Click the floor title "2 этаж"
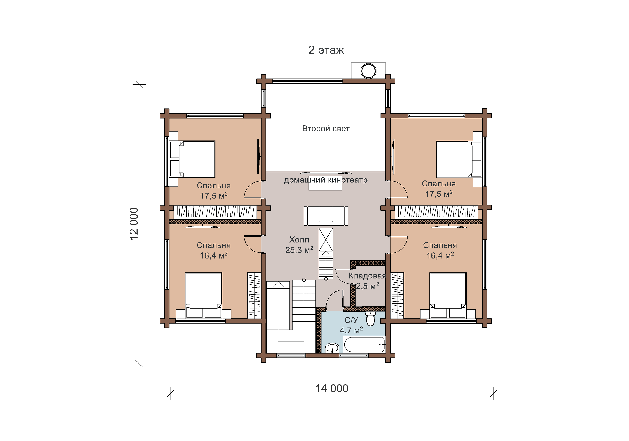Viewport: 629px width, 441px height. click(326, 50)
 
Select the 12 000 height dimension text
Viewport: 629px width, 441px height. click(134, 224)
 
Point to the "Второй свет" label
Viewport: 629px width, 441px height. click(326, 129)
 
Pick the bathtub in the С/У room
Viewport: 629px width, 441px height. click(364, 344)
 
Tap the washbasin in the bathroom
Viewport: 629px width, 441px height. click(332, 348)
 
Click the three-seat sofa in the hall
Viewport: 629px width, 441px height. click(326, 216)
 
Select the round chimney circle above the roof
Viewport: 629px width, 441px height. click(368, 71)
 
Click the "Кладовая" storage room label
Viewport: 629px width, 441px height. click(367, 276)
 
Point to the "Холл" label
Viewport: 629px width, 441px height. click(299, 240)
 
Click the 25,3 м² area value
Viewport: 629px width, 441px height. click(299, 250)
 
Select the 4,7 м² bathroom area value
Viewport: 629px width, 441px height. click(351, 330)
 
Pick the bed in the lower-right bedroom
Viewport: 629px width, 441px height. click(448, 295)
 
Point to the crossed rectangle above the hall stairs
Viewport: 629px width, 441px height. click(326, 240)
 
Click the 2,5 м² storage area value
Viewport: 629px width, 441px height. click(368, 286)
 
